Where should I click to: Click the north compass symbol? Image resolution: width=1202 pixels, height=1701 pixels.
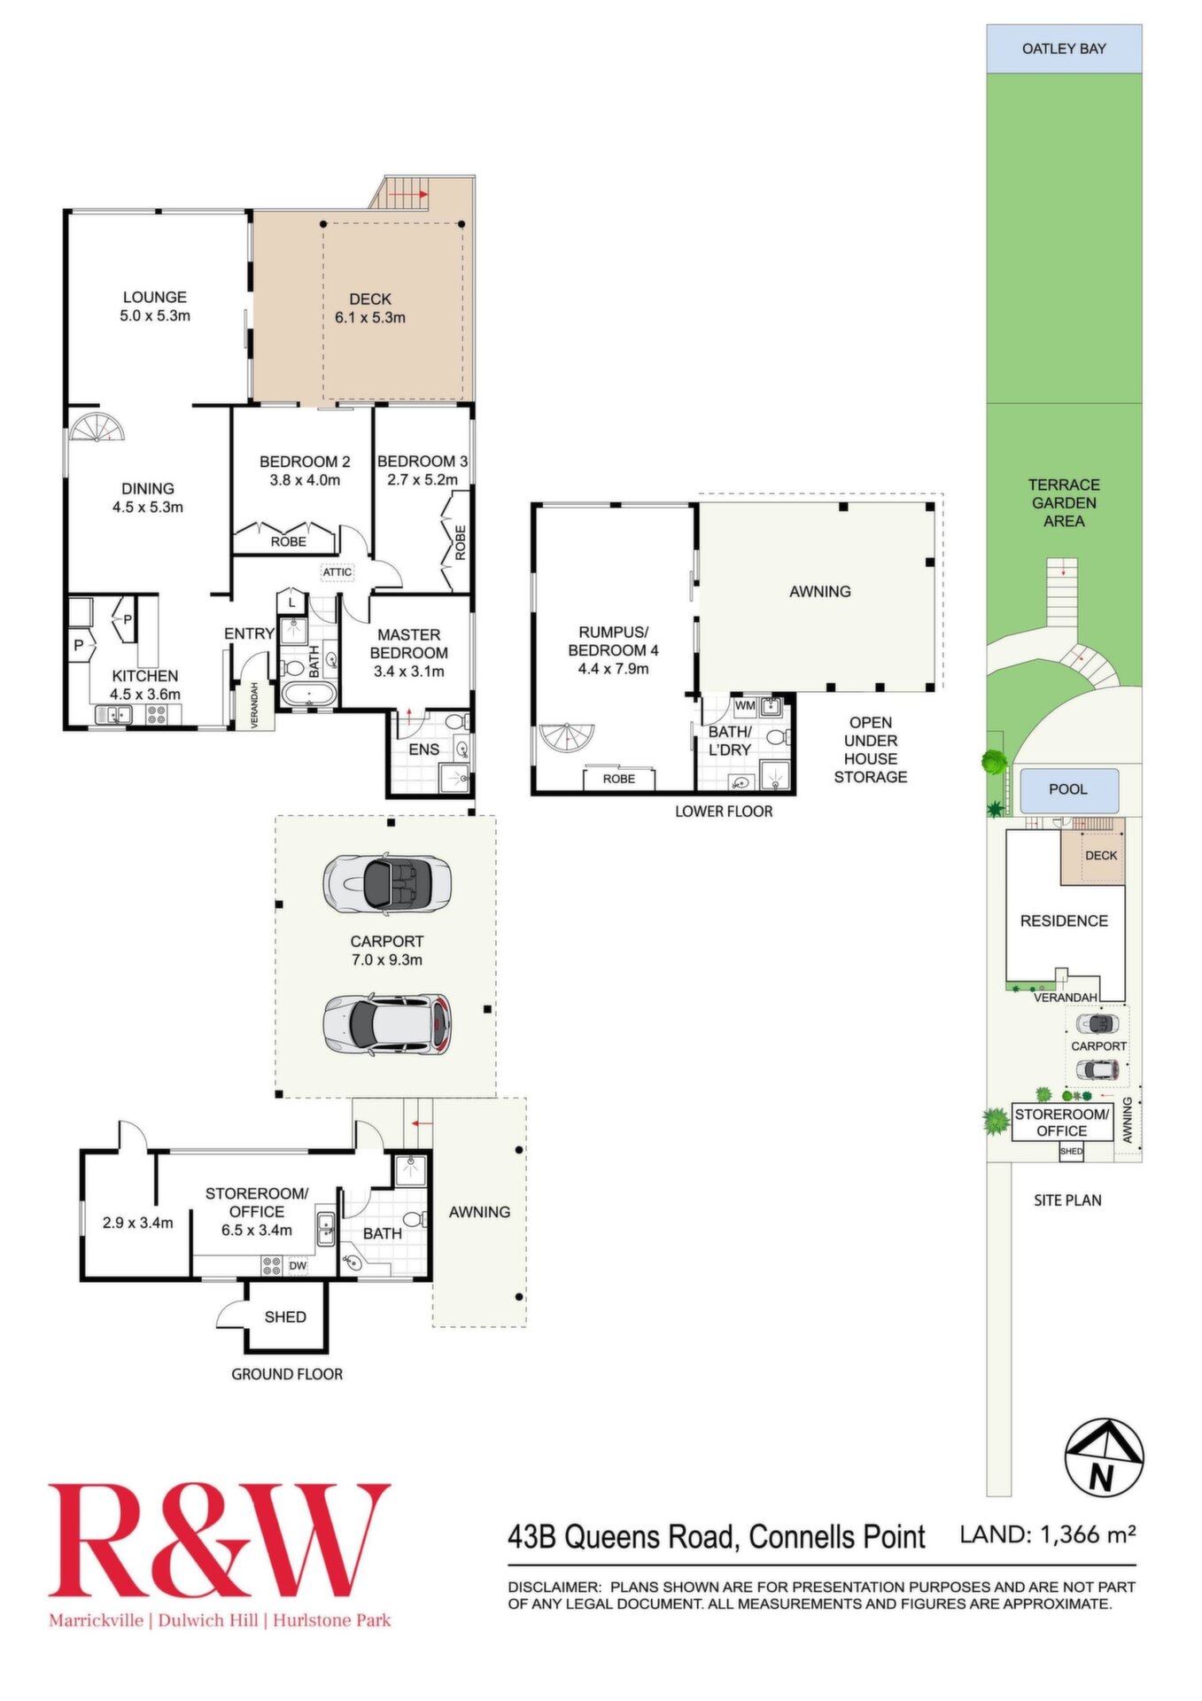(1103, 1457)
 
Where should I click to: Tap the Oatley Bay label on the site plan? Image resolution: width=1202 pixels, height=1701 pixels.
(1064, 49)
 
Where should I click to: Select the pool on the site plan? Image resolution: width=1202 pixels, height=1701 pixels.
(1069, 789)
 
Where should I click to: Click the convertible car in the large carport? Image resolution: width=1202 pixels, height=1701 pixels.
(387, 884)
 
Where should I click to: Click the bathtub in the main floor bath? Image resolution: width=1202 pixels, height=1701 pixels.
(307, 694)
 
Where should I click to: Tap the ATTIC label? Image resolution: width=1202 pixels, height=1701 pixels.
(337, 572)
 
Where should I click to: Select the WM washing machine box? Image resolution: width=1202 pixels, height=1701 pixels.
(745, 706)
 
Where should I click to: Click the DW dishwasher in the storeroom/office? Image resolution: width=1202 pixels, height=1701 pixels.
(298, 1266)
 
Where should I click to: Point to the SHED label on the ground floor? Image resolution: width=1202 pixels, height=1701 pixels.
(285, 1317)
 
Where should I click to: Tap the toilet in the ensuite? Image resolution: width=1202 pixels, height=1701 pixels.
(457, 721)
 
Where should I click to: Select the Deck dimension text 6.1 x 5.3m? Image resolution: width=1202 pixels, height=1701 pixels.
(370, 318)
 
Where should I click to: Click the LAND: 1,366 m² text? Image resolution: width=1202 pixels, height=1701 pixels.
(1048, 1534)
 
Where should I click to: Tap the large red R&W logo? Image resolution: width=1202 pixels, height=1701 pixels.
(220, 1541)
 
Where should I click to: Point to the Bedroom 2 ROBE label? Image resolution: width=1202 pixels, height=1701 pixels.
(289, 541)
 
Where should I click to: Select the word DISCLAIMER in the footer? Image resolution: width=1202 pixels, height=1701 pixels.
(554, 1587)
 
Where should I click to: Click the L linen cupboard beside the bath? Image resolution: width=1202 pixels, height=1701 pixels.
(291, 602)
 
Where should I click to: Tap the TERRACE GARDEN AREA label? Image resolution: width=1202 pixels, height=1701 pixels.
(1064, 503)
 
